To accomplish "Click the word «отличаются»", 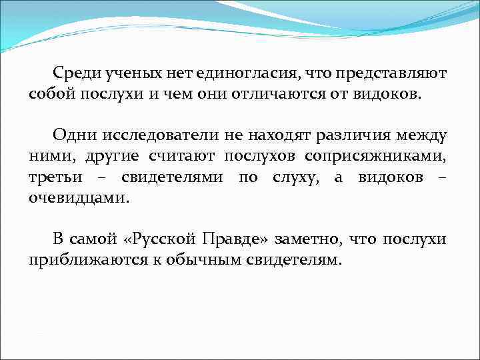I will pos(282,93).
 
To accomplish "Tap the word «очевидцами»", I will pos(80,197).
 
